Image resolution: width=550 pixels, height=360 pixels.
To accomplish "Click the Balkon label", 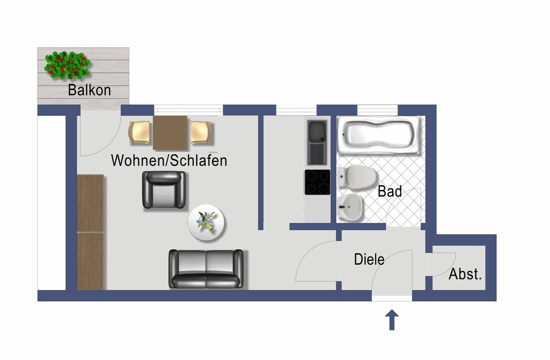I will tap(89, 90).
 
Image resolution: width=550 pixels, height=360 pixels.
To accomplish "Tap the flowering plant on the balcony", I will tap(67, 65).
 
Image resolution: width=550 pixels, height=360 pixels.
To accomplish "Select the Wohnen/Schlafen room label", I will tap(169, 160).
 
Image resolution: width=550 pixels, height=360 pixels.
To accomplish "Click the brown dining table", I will tap(170, 133).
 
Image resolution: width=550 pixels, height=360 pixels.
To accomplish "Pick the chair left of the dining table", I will tap(140, 132).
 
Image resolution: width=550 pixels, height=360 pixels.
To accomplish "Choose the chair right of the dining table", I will tap(200, 132).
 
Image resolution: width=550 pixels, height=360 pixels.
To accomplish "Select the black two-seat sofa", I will tap(206, 268).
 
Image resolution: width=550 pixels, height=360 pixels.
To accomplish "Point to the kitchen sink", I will tap(317, 142).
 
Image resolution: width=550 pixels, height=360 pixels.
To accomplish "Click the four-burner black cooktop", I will tap(317, 182).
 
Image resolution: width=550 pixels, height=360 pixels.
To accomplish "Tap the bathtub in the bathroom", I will tap(379, 135).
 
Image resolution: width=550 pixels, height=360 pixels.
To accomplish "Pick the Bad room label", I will tap(390, 191).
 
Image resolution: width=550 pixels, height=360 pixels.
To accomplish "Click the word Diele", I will tap(369, 260).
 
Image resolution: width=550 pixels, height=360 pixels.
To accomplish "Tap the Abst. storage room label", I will tap(465, 274).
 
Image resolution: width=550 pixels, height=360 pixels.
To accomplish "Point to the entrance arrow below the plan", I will tap(392, 320).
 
